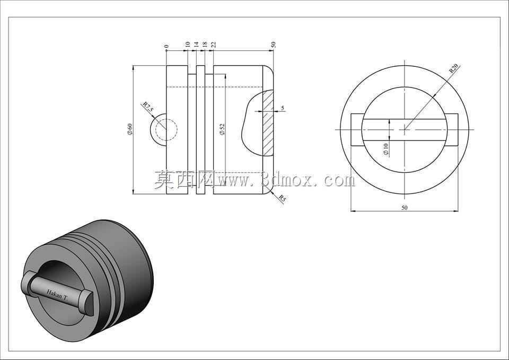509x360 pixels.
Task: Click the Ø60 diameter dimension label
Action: pyautogui.click(x=129, y=129)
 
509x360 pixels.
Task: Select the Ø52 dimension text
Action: pyautogui.click(x=222, y=129)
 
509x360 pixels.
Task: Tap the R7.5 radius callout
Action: pyautogui.click(x=148, y=108)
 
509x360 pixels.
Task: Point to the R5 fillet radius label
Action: pyautogui.click(x=282, y=199)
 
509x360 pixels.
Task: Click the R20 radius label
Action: pyautogui.click(x=453, y=68)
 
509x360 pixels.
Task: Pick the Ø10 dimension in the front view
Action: pyautogui.click(x=385, y=150)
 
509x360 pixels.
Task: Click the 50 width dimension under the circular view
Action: pyautogui.click(x=404, y=208)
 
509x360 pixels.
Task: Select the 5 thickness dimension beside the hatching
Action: pyautogui.click(x=283, y=108)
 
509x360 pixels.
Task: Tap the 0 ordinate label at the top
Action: pyautogui.click(x=166, y=46)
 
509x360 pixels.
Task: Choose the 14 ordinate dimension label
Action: pyautogui.click(x=196, y=45)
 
